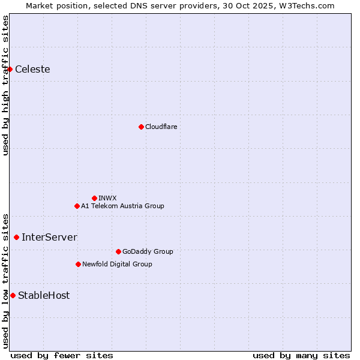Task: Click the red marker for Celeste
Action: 10,70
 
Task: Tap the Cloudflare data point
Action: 141,127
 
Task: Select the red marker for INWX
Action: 94,198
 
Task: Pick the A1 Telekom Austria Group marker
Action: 77,206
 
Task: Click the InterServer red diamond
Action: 16,238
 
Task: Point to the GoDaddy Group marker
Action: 118,251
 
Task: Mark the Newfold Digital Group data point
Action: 78,264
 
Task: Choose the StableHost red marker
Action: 13,295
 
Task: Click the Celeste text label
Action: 32,70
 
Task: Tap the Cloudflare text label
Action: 161,127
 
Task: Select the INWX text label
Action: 107,198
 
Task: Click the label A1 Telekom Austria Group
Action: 122,206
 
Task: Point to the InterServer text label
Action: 49,238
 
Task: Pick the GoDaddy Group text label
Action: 148,251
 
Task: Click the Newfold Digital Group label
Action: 117,264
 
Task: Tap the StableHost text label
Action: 44,295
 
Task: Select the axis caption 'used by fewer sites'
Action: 62,355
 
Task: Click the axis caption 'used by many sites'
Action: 301,355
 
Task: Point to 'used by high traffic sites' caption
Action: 5,85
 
